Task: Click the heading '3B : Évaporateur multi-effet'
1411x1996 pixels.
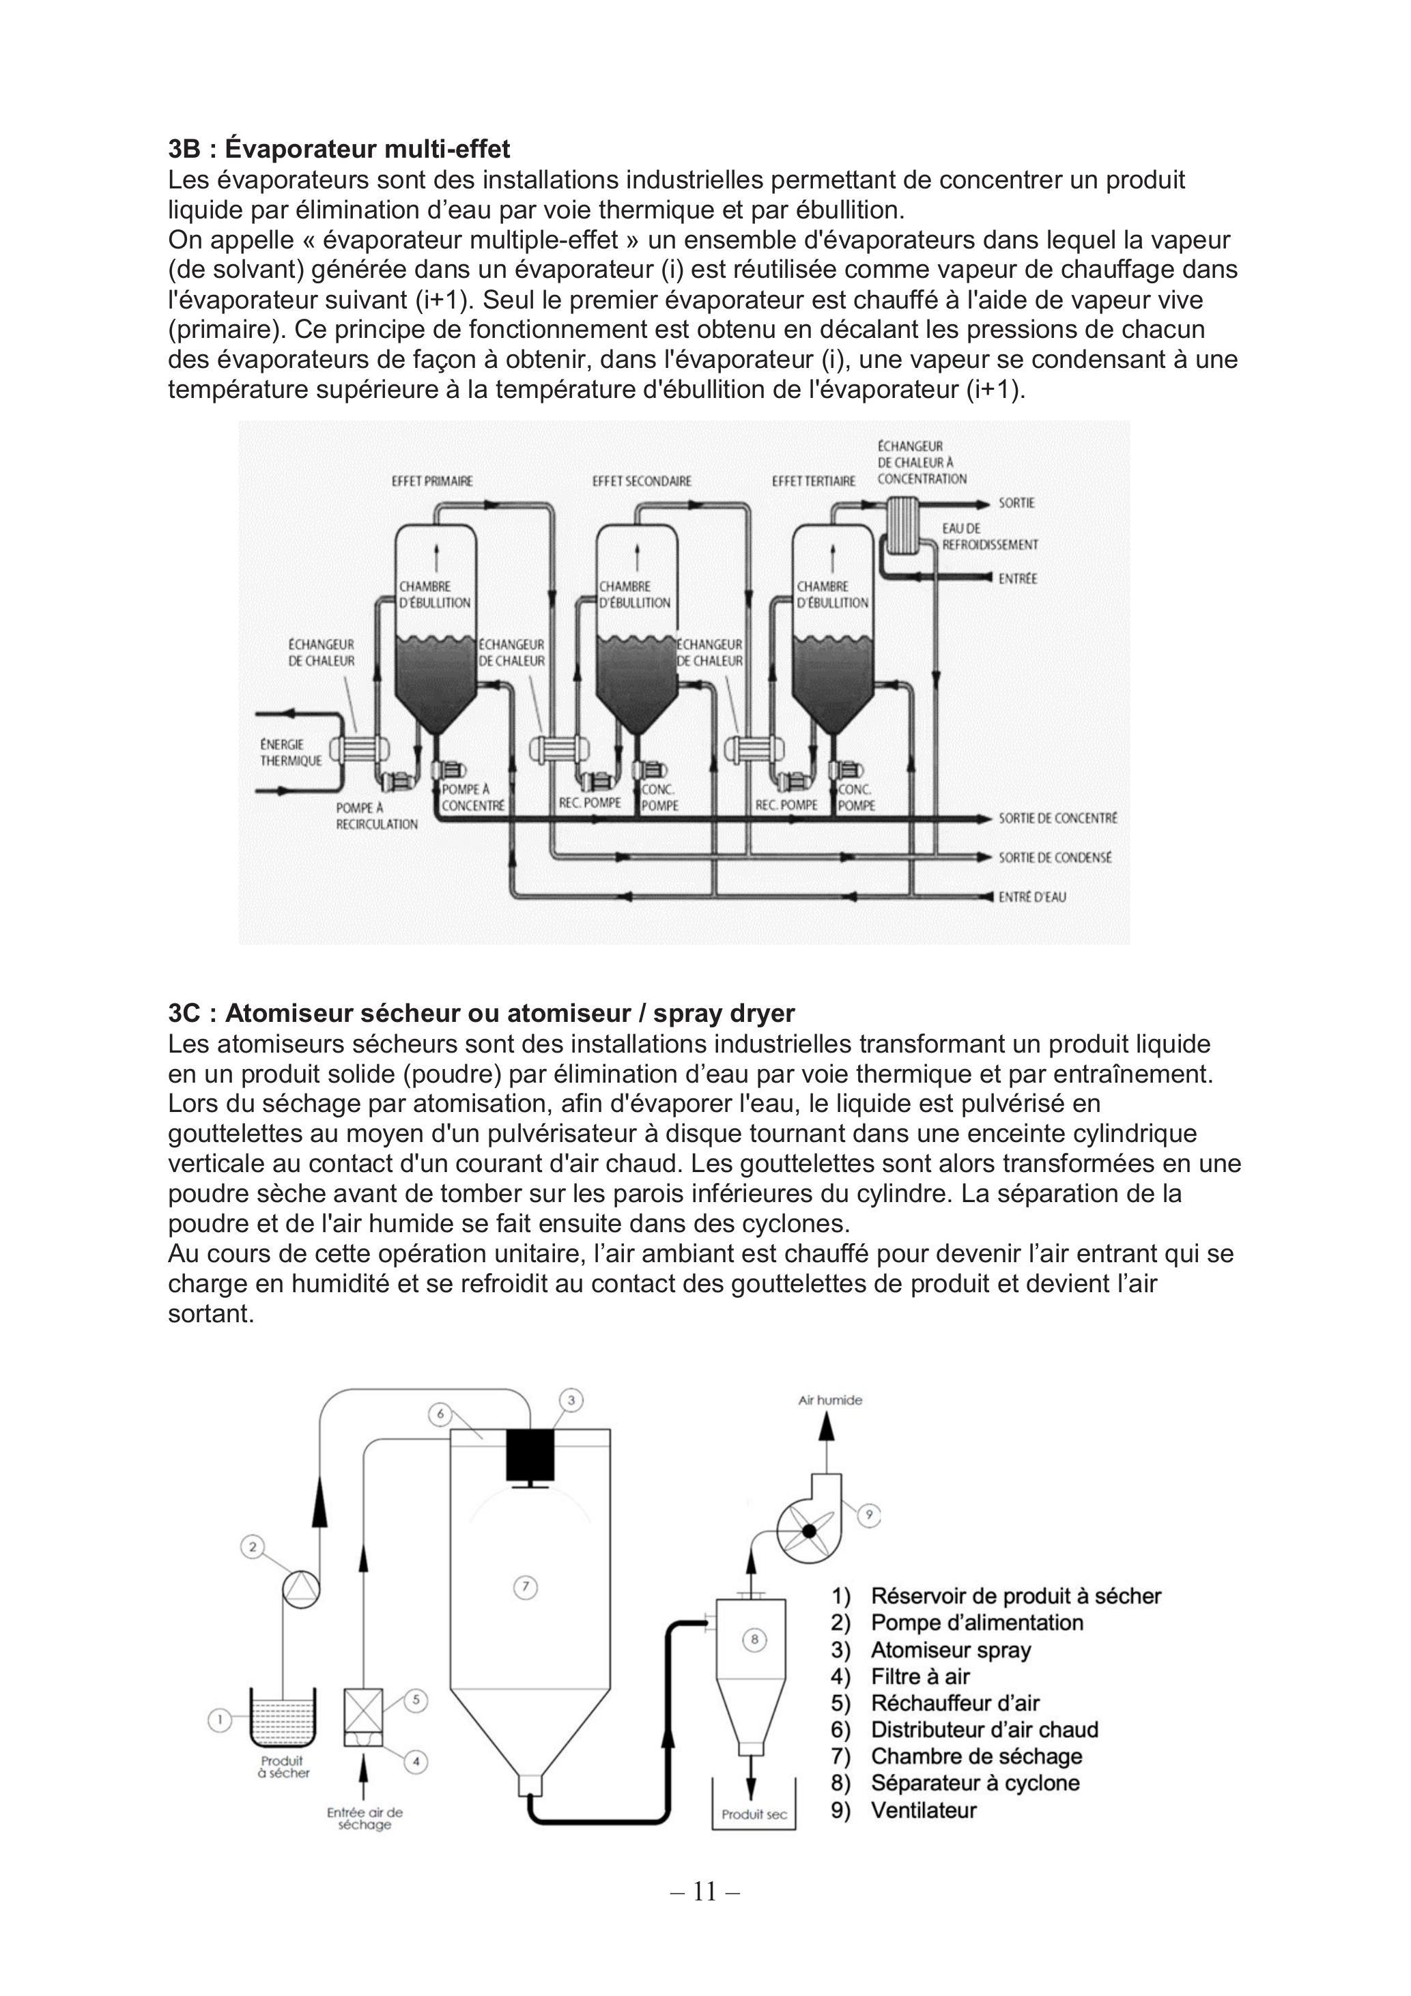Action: tap(339, 149)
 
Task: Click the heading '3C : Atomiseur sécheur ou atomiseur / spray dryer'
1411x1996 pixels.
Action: tap(482, 1014)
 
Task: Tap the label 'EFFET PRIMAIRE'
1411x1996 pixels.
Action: tap(433, 481)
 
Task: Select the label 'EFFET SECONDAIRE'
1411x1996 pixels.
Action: tap(642, 481)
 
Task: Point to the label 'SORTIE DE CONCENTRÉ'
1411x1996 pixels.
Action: tap(1057, 818)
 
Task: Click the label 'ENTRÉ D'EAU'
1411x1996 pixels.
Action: tap(1032, 896)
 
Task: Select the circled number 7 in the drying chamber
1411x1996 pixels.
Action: tap(524, 1586)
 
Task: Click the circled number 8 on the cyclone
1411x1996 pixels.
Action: tap(754, 1640)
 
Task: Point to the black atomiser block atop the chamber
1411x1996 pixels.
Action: tap(530, 1455)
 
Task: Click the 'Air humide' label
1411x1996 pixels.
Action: tap(830, 1399)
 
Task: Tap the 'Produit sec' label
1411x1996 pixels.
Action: tap(754, 1814)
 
